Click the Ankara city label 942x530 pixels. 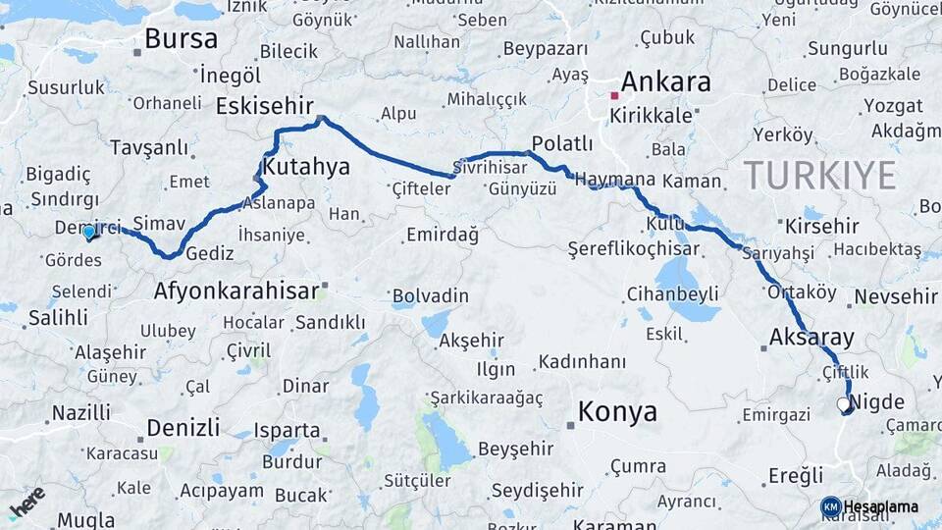[x=665, y=81]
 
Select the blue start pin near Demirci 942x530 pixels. [x=89, y=232]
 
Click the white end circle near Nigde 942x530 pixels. [x=843, y=404]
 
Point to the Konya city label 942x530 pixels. [x=617, y=411]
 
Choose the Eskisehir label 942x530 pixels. [x=264, y=106]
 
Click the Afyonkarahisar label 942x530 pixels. [x=236, y=291]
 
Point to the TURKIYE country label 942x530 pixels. [x=819, y=176]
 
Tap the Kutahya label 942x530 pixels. [x=306, y=167]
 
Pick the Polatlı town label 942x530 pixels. [x=561, y=144]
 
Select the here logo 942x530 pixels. [x=27, y=502]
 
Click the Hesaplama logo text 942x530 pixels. [x=880, y=506]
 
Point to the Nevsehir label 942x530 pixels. [x=896, y=296]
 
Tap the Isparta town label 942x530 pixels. [x=287, y=430]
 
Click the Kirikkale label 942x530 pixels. [x=652, y=115]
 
